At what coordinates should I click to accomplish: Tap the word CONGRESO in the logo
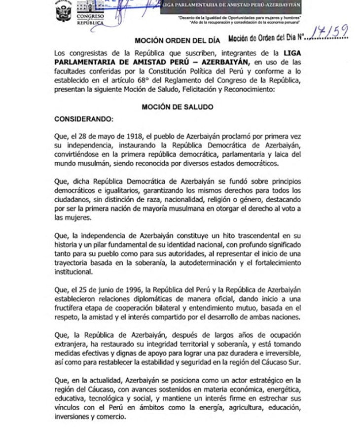click(87, 17)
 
